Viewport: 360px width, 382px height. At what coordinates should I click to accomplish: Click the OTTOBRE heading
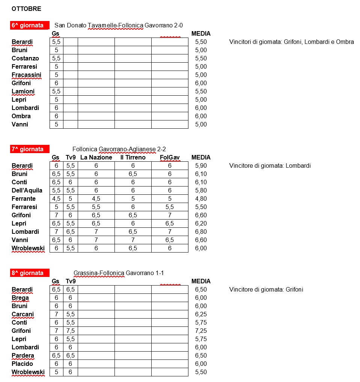tap(26, 8)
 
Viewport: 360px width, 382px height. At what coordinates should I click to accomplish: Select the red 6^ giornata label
tap(29, 26)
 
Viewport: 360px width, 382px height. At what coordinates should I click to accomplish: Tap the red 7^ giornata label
tap(29, 149)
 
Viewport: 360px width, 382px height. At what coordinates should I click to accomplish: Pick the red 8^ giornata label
tap(29, 273)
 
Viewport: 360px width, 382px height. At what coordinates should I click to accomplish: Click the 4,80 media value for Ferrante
tap(201, 199)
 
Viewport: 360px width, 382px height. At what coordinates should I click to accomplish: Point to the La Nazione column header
tap(96, 158)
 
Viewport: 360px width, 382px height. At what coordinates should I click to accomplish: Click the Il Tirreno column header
tap(133, 158)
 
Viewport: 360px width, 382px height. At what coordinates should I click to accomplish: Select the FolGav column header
tap(170, 158)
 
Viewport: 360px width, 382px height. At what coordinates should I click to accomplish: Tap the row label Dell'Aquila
tap(27, 191)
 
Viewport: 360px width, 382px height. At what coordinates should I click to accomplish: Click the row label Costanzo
tap(25, 59)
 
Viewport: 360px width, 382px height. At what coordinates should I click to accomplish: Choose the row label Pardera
tap(23, 356)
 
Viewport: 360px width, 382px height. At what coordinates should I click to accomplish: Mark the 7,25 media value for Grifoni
tap(201, 331)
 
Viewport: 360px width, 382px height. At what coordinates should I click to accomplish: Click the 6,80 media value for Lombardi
tap(201, 232)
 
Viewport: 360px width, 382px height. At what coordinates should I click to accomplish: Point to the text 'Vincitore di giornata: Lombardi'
tap(270, 166)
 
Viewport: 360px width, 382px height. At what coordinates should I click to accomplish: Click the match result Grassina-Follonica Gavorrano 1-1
tap(119, 273)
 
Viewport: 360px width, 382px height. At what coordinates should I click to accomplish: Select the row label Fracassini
tap(26, 75)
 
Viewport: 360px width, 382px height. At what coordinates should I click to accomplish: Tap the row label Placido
tap(22, 364)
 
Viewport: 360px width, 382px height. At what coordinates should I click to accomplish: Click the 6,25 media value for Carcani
tap(201, 314)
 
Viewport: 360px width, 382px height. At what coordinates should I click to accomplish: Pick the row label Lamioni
tap(23, 92)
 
